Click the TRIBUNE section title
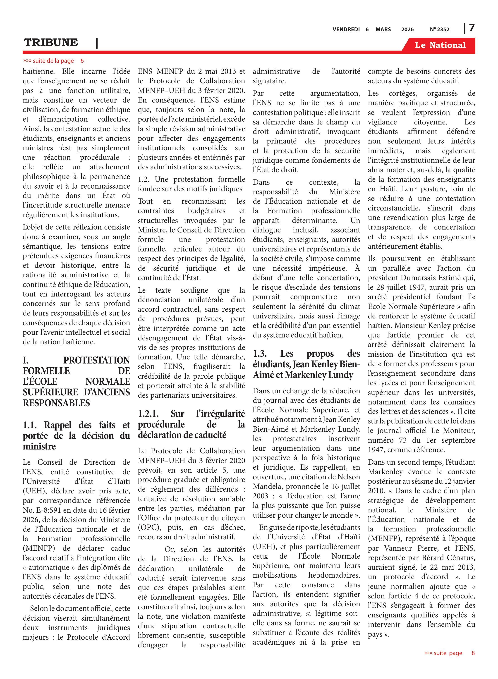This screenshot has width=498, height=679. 51,43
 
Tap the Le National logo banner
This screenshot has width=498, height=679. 440,45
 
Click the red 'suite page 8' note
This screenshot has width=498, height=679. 449,653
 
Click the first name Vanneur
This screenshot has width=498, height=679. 396,548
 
